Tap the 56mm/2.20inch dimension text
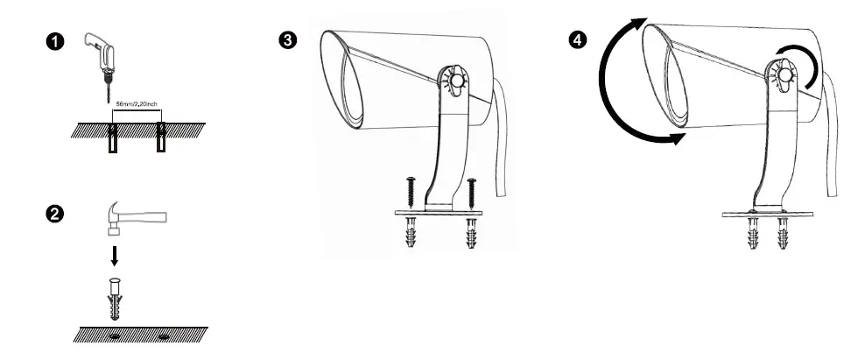[137, 103]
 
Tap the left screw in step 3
[412, 192]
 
